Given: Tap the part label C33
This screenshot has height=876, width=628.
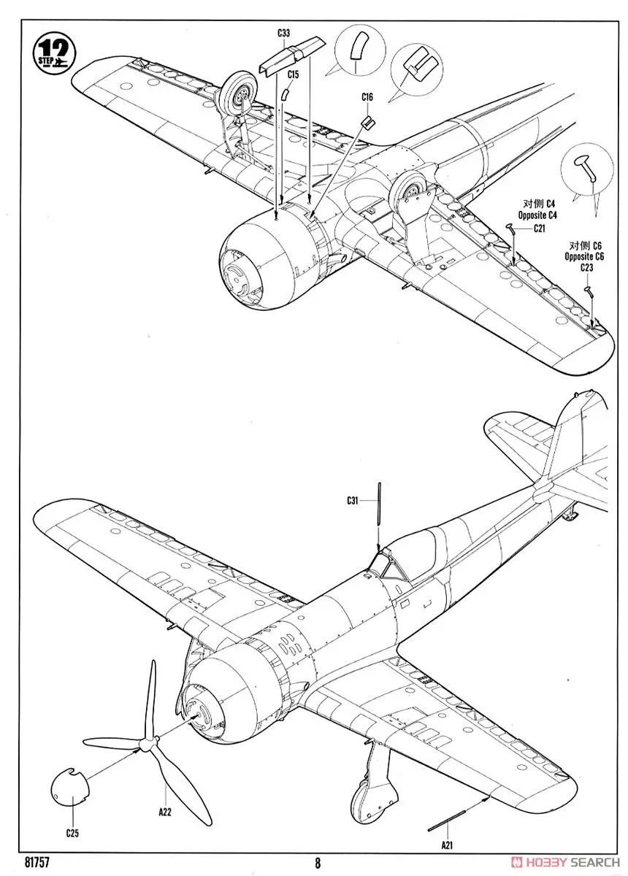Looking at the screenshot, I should click(283, 33).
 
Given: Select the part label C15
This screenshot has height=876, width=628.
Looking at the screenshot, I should click(293, 74).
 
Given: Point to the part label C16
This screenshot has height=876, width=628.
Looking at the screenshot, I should click(367, 97).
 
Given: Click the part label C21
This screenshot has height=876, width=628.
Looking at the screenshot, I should click(540, 228).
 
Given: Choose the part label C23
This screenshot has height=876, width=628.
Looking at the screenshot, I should click(586, 268).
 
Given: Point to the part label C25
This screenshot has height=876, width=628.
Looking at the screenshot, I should click(72, 833).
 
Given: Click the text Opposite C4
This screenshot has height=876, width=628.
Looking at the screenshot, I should click(537, 216).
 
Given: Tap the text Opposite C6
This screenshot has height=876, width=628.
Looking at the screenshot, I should click(584, 256).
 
